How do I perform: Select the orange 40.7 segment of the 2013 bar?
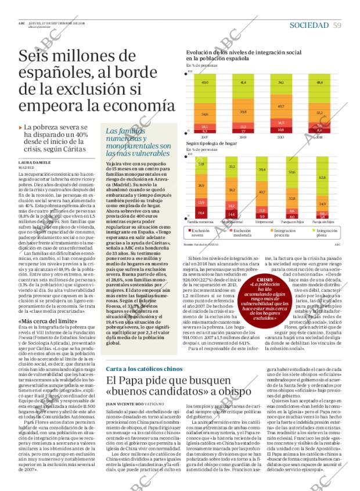[280, 106]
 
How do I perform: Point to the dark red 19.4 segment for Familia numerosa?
[201, 213]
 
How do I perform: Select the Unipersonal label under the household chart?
[261, 222]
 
